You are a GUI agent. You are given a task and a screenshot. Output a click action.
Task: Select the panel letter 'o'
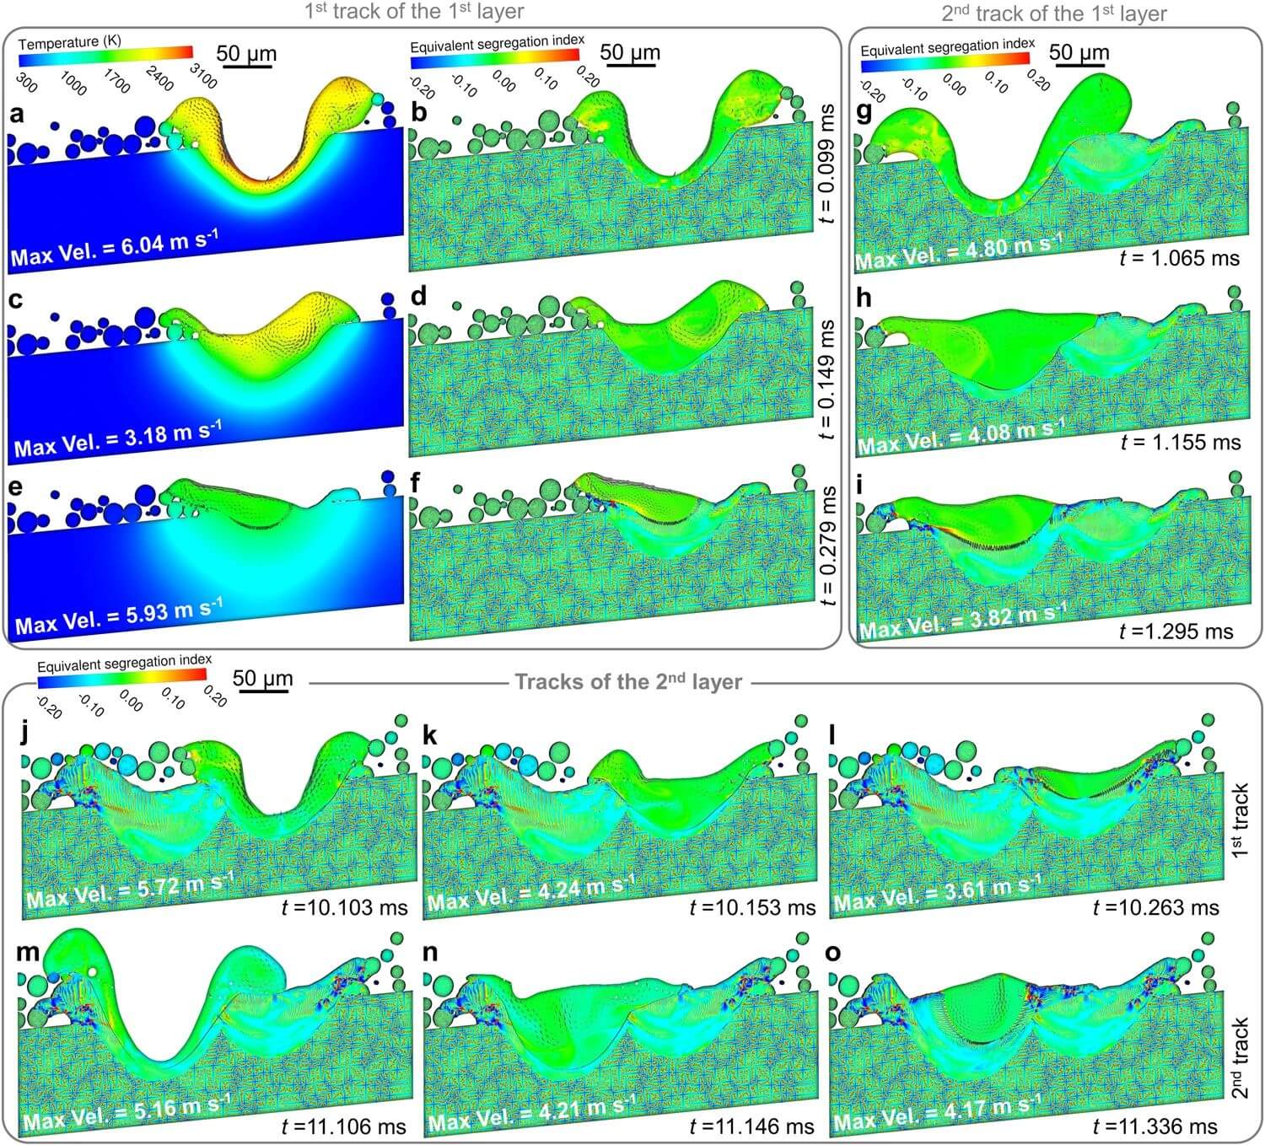click(833, 953)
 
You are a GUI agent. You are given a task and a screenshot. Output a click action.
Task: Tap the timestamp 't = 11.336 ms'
click(1155, 1126)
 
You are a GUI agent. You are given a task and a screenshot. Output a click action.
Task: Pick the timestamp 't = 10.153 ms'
click(752, 907)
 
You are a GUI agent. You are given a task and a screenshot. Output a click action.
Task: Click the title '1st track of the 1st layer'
click(414, 12)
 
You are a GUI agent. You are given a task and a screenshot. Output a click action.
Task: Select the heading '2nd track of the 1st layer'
click(1054, 13)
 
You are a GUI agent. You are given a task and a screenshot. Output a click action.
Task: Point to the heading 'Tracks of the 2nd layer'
click(628, 681)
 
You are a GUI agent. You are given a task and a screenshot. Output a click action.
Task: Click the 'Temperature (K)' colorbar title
click(69, 41)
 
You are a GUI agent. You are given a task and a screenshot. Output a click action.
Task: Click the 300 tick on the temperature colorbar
click(26, 81)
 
